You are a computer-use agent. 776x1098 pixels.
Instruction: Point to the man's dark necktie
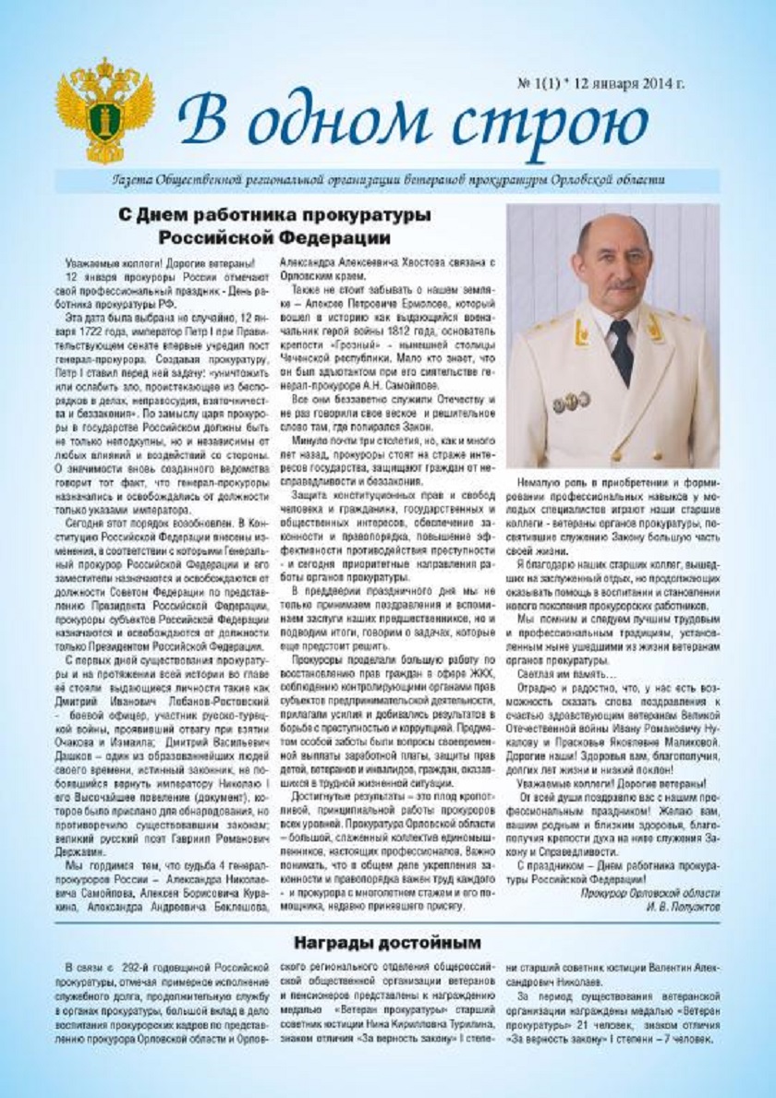coord(621,352)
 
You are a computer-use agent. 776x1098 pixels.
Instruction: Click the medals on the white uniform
coord(571,402)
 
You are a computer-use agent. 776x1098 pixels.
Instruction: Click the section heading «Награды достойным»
coord(387,943)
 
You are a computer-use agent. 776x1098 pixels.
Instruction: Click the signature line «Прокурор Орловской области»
coord(650,893)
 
